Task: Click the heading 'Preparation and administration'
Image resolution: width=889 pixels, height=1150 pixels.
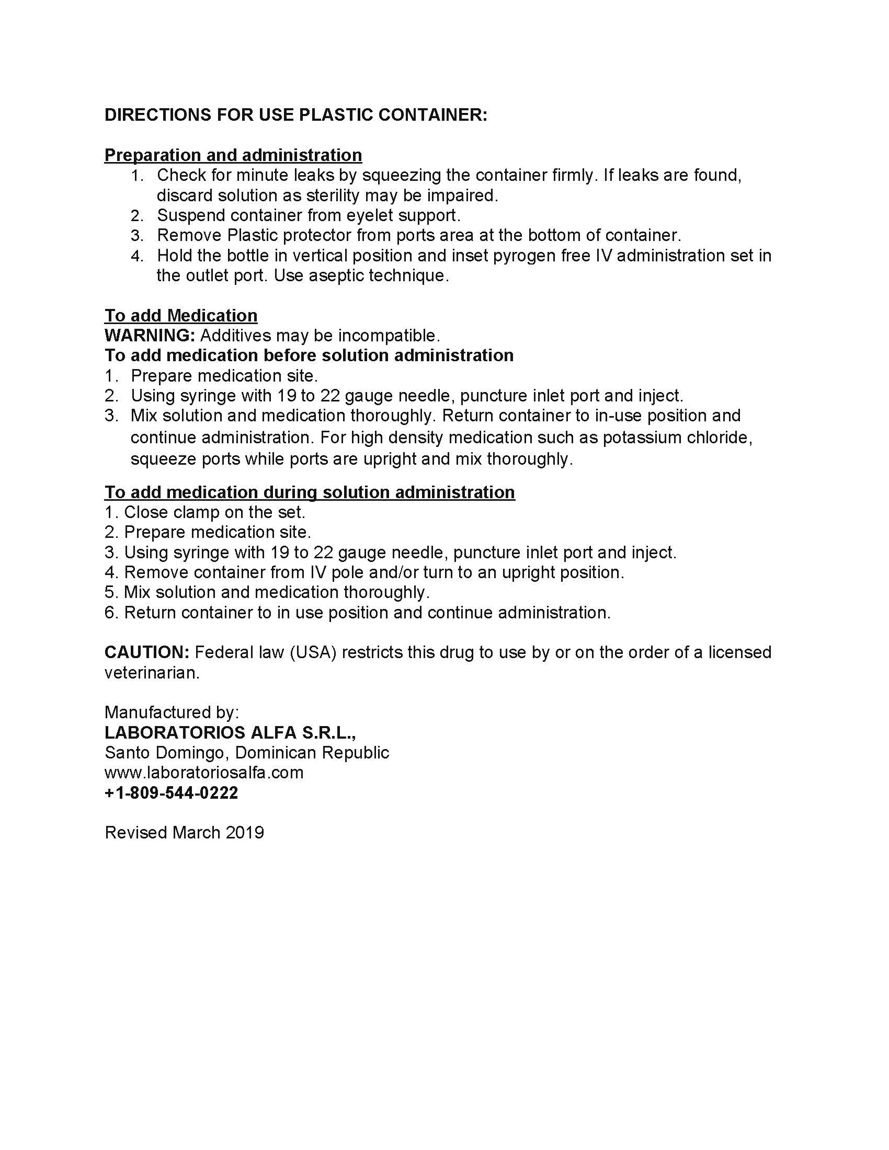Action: tap(233, 155)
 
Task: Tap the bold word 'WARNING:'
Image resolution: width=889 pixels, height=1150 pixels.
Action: tap(150, 336)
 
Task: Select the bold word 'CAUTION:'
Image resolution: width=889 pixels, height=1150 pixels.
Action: tap(147, 652)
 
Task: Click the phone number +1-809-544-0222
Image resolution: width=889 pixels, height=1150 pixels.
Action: tap(171, 792)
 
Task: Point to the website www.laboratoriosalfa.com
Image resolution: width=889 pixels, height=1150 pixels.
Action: tap(204, 773)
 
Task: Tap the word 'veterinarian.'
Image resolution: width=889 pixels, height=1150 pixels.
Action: tap(152, 672)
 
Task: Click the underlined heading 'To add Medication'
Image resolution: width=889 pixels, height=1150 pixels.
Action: tap(180, 315)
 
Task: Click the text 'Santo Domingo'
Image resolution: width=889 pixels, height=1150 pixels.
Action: tap(166, 752)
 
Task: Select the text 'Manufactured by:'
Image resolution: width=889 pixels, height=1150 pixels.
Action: tap(172, 712)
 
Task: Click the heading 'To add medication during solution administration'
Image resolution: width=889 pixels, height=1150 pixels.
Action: tap(309, 492)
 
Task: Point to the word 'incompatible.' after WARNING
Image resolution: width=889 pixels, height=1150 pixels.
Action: tap(389, 336)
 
